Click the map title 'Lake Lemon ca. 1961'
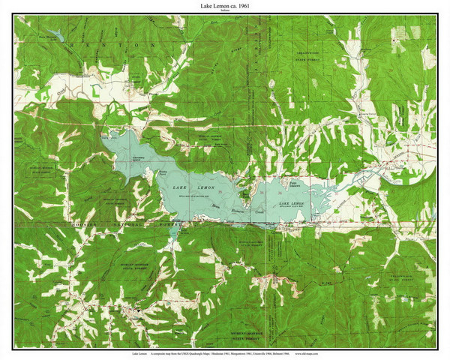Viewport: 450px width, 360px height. [225, 5]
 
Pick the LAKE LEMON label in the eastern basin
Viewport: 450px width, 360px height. [292, 203]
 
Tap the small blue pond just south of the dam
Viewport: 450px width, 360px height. [174, 233]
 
